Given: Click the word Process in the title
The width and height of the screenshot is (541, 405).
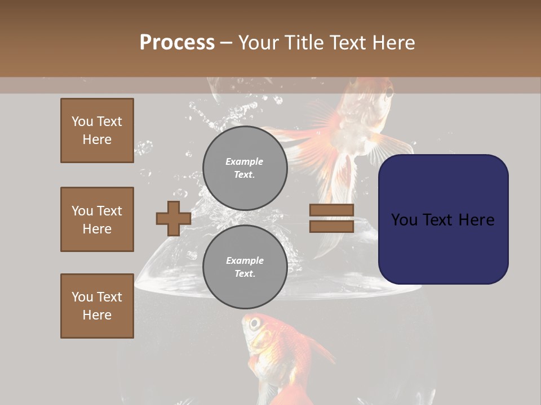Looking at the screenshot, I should tap(177, 43).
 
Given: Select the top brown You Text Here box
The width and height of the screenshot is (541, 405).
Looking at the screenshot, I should tap(97, 130).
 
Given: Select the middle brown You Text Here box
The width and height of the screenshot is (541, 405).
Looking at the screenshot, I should tap(97, 219).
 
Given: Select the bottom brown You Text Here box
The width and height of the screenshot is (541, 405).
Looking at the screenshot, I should tap(97, 306).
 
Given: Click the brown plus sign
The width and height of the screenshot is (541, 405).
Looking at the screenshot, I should tap(173, 218).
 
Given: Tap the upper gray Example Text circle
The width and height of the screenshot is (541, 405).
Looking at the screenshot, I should tap(245, 168).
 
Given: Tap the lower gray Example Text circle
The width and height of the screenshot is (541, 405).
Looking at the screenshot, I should tap(245, 267).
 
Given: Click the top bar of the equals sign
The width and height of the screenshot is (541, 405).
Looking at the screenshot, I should tap(331, 210).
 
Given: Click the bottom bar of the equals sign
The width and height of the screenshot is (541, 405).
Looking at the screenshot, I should tap(331, 226).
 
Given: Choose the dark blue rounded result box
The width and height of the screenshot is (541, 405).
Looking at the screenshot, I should tap(443, 219).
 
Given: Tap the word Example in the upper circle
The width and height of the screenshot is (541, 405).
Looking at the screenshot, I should tap(244, 161).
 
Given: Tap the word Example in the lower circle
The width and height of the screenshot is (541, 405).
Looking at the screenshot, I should tap(245, 260).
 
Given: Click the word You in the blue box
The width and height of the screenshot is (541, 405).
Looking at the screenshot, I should tap(404, 220).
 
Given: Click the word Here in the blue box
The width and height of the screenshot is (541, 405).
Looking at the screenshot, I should tap(476, 220).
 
